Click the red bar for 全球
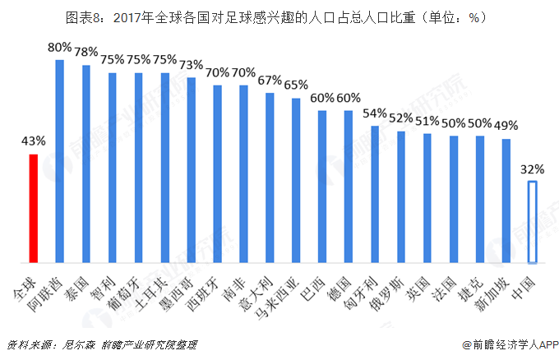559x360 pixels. click(33, 209)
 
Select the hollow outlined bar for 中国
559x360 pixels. click(533, 222)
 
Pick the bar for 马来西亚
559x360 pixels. click(296, 181)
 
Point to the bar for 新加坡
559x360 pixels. click(506, 201)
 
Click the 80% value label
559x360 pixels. click(59, 48)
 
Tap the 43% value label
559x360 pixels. click(33, 141)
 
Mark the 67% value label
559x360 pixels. click(270, 81)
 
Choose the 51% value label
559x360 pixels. click(427, 122)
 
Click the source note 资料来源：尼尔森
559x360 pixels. click(49, 344)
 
